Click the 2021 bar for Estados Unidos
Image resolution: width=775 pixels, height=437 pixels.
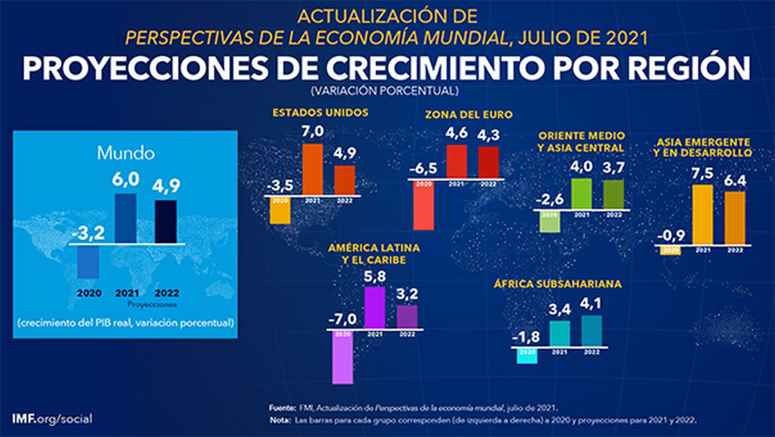click(x=312, y=169)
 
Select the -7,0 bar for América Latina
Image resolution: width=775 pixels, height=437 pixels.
click(x=343, y=357)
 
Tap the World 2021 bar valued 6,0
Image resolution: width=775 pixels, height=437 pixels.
click(x=126, y=218)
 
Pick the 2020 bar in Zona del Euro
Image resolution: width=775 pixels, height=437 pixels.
click(x=424, y=205)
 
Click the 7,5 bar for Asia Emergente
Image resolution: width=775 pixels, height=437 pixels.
click(x=702, y=214)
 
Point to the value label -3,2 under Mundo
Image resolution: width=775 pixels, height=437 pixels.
click(x=88, y=234)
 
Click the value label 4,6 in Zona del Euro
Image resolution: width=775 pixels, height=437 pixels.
click(x=456, y=133)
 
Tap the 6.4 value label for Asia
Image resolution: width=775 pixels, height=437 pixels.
click(x=734, y=181)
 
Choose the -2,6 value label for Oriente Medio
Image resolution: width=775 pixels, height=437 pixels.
click(x=550, y=200)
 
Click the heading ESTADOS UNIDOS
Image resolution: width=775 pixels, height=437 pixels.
click(x=320, y=112)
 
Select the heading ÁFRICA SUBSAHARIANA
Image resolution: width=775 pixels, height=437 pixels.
click(x=557, y=284)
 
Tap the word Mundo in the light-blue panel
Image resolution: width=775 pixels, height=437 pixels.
click(x=126, y=153)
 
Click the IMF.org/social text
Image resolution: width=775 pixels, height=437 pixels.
click(x=52, y=418)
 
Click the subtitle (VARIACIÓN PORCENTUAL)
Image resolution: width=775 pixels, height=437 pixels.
click(x=384, y=91)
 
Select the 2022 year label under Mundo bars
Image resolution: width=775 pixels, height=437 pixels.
click(x=166, y=293)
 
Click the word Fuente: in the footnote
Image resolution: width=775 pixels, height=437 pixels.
click(x=282, y=408)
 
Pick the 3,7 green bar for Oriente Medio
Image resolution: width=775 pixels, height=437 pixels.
click(x=613, y=195)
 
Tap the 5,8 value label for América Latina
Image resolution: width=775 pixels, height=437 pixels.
click(x=375, y=277)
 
